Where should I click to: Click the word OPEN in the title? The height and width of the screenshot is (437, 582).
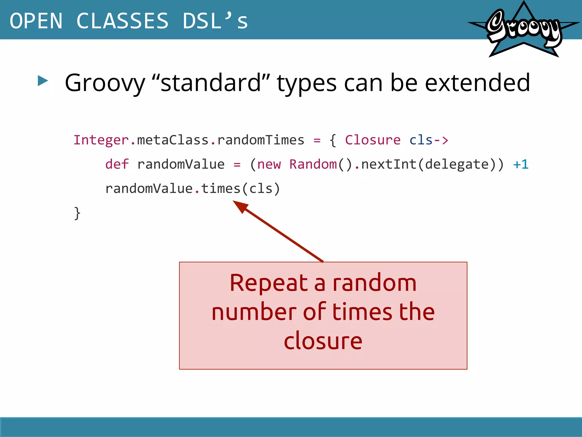click(x=36, y=21)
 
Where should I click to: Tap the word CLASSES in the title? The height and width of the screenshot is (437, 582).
click(x=122, y=21)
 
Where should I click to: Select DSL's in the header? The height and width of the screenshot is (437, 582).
click(x=215, y=21)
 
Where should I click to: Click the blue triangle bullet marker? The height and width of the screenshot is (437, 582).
click(x=43, y=81)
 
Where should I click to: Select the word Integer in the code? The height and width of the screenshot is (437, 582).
click(x=101, y=140)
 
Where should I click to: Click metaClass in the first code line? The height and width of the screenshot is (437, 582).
click(x=173, y=140)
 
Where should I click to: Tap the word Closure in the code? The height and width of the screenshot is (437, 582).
click(x=373, y=140)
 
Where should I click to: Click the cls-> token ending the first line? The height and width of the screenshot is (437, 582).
click(x=429, y=140)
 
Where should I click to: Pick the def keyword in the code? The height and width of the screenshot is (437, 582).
click(x=117, y=164)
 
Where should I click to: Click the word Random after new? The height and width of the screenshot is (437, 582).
click(x=313, y=164)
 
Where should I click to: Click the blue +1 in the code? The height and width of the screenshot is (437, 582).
click(x=521, y=164)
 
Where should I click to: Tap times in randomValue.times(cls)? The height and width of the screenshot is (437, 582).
click(x=221, y=189)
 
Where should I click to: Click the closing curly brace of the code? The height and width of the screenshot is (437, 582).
click(x=77, y=213)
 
